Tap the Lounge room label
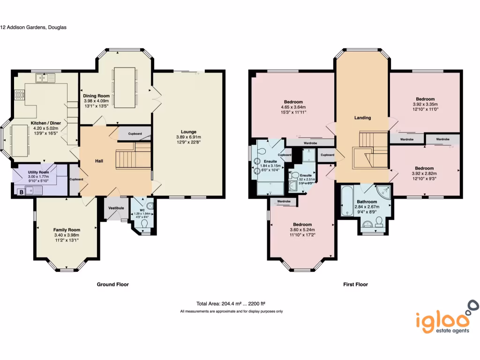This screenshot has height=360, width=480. coord(189,132)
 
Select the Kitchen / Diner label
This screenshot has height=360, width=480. coord(46,123)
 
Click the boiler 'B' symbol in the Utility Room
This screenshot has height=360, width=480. coord(21,191)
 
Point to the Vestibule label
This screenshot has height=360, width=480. coord(116,208)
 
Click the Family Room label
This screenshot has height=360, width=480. coord(67,230)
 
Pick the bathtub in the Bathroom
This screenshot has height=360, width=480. coord(347,201)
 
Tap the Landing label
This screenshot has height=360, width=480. coord(362,118)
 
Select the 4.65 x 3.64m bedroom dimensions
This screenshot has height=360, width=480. coord(293,107)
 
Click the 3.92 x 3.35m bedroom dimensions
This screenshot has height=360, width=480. coord(425,104)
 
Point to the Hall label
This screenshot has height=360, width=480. coord(98,161)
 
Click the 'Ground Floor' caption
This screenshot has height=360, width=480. coord(112,284)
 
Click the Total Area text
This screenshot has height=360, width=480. coord(233,303)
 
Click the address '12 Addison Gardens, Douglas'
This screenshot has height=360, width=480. coord(33,27)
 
